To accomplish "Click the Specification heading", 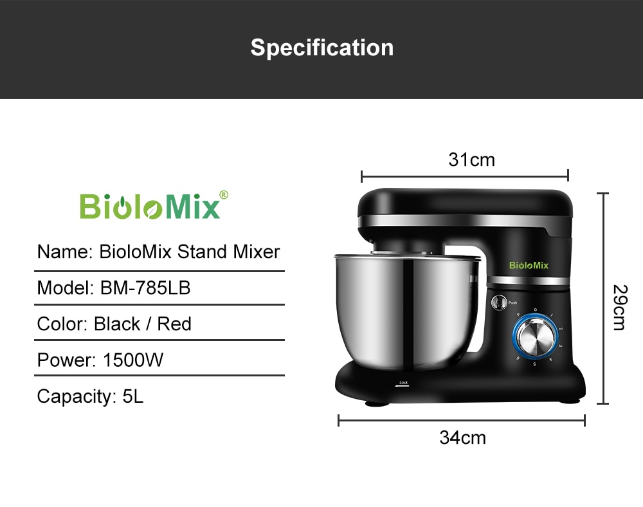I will point(321,48).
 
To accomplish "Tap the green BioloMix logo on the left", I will point(150,206).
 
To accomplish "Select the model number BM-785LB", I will point(145,288).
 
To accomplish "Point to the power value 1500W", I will point(133,360).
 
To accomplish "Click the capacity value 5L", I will point(132,396).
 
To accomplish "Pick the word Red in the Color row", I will point(174,324).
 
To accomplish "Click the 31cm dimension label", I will point(471,160).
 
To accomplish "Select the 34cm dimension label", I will point(462,438).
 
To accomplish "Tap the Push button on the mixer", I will point(500,302).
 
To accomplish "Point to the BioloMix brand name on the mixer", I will point(529,265).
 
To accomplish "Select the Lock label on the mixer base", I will point(403,383).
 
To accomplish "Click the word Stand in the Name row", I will point(201,251).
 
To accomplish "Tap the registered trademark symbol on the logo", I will point(224,194).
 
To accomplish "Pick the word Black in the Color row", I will point(116,324).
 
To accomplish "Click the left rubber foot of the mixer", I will point(376,404).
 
